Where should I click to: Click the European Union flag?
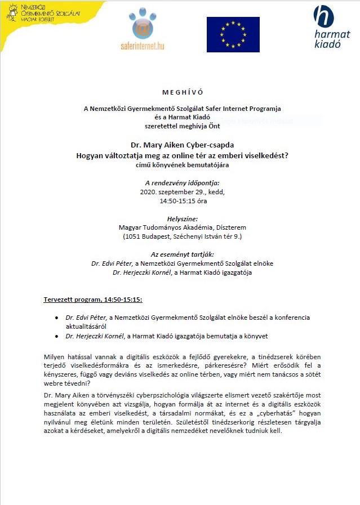coord(233,34)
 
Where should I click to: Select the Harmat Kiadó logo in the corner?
coord(331,27)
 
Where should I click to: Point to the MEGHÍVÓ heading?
coord(180,92)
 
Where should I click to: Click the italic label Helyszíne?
coord(180,218)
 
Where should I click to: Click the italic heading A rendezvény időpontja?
coord(180,182)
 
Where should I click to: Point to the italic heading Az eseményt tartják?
coord(180,254)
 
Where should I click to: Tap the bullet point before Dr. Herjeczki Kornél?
coord(57,336)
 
